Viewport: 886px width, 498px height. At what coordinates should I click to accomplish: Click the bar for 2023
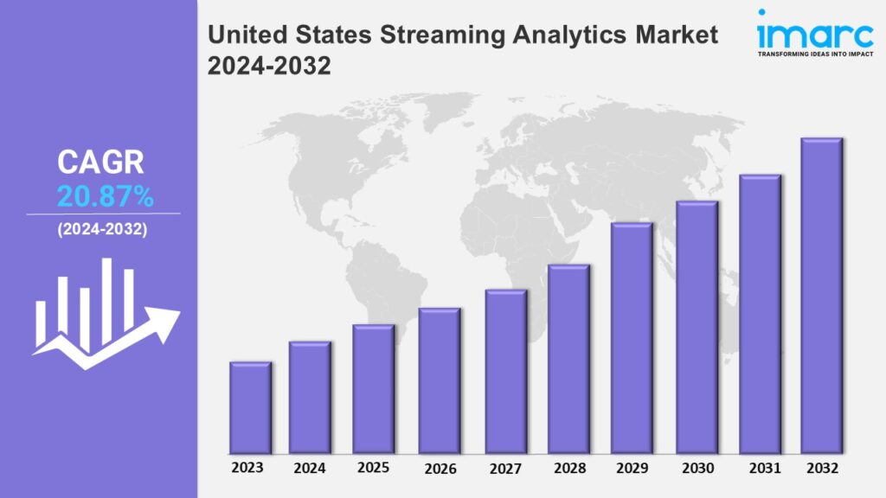click(250, 408)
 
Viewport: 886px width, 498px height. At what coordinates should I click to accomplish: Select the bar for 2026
click(440, 381)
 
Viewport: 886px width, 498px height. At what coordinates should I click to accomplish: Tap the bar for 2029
click(632, 338)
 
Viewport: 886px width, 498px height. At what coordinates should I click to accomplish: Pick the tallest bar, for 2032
click(822, 296)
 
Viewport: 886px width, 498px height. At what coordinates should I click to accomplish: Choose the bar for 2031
click(760, 314)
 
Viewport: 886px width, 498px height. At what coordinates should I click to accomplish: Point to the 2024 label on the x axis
click(310, 468)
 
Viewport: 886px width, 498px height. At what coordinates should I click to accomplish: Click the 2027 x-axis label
click(505, 469)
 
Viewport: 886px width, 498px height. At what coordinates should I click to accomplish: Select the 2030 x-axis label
click(698, 468)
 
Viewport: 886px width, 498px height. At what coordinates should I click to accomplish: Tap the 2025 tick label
click(373, 468)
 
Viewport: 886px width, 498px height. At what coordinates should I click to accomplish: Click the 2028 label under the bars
click(569, 468)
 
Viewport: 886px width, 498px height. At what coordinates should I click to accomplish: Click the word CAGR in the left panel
click(100, 162)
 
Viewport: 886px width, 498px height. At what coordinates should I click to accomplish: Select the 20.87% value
click(105, 197)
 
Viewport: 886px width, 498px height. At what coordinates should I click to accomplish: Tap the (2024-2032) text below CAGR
click(102, 229)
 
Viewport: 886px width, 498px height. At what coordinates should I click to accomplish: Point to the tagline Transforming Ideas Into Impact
click(815, 54)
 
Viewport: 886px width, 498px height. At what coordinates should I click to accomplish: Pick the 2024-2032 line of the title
click(269, 66)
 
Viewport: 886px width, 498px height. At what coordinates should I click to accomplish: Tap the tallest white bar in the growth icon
click(106, 302)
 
